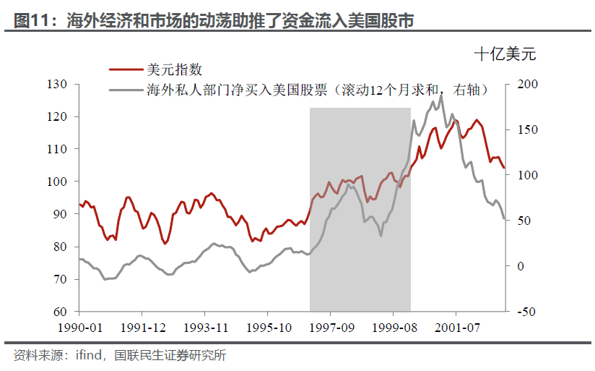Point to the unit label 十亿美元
click(505, 54)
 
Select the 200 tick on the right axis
click(528, 85)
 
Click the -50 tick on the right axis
click(527, 312)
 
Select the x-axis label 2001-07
click(456, 328)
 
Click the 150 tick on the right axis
click(528, 130)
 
